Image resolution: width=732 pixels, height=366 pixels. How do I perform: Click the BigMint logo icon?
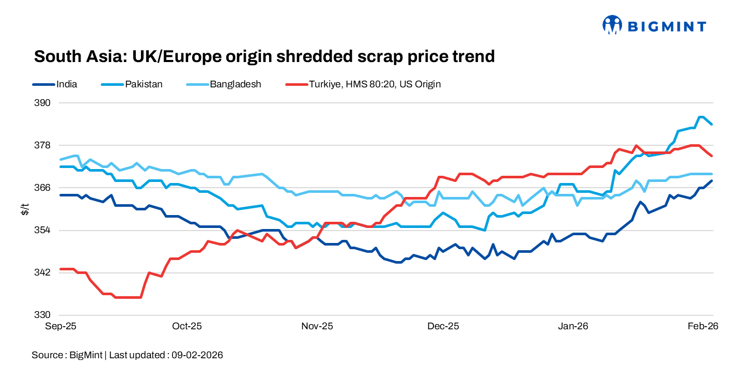point(612,24)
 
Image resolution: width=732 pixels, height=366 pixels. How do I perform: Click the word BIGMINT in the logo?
point(666,26)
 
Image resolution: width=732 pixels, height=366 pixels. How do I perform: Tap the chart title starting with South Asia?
point(264,56)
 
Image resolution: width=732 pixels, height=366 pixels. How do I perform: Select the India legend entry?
point(67,84)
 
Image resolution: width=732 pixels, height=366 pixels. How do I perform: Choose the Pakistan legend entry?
point(144,84)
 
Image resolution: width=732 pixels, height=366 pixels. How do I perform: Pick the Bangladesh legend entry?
point(235,84)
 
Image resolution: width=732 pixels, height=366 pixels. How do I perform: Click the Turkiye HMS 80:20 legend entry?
point(374,84)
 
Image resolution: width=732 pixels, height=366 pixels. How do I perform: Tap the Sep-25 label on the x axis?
point(61,326)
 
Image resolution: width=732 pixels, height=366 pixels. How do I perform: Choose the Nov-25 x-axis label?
point(318,326)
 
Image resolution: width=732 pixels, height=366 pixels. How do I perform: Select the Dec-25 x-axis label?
point(444,326)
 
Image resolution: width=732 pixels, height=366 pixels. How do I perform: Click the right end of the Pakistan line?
point(712,124)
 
